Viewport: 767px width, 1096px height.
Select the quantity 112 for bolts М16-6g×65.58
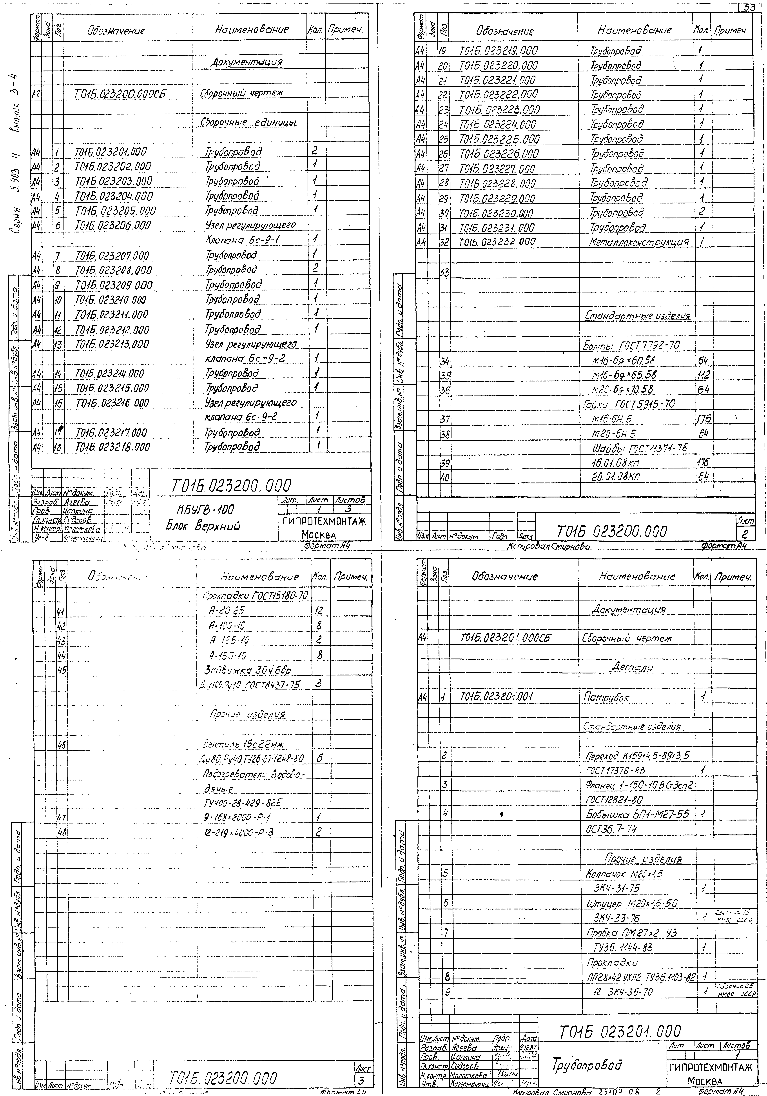click(703, 375)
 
